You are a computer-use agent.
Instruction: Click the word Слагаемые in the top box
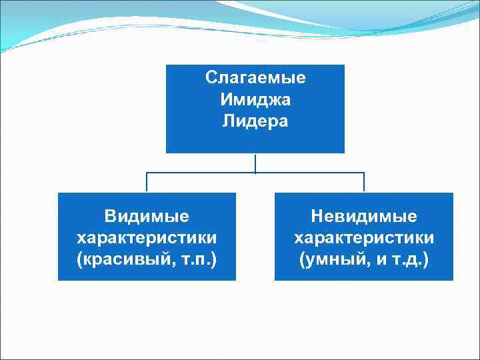coord(255,78)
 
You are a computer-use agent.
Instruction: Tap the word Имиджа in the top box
coord(255,100)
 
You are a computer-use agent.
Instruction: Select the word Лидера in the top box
coord(255,122)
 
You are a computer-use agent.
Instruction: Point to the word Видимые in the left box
coord(147,216)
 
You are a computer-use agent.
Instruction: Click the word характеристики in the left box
coord(147,237)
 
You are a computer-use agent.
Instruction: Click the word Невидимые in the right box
coord(364,216)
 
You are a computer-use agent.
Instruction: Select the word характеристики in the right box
coord(364,237)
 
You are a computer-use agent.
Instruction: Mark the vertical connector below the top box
coord(255,163)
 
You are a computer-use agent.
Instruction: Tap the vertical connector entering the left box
coord(147,183)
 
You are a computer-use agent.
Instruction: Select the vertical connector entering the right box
coord(364,183)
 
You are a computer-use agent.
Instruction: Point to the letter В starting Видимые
coord(109,216)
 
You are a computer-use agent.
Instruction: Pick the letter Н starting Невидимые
coord(317,216)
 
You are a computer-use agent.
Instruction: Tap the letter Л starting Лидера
coord(229,122)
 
